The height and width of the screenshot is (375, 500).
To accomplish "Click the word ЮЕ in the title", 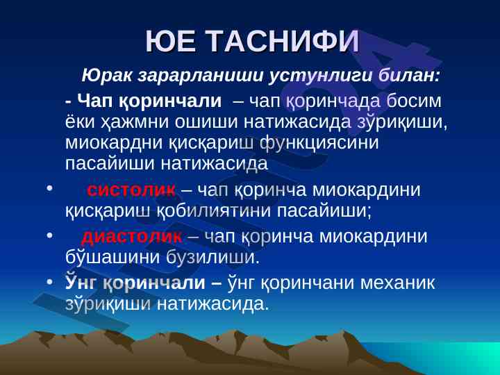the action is coord(170,42).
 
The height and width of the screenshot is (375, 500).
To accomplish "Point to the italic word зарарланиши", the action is coord(201,76).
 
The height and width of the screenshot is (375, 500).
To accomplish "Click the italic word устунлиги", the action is coord(320,76).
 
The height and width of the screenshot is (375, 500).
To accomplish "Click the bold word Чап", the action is coord(95,101).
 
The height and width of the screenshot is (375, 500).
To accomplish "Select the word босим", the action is coord(414,101).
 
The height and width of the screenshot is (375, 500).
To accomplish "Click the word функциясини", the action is coord(319,143).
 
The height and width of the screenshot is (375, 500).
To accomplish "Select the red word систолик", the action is coord(131,190).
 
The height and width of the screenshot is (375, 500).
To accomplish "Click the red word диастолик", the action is coord(132,237).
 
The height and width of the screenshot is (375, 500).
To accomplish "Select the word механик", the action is coord(398,283).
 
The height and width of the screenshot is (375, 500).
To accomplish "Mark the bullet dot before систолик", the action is coord(49,189).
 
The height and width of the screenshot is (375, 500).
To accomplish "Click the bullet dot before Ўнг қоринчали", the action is coord(49,283).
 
